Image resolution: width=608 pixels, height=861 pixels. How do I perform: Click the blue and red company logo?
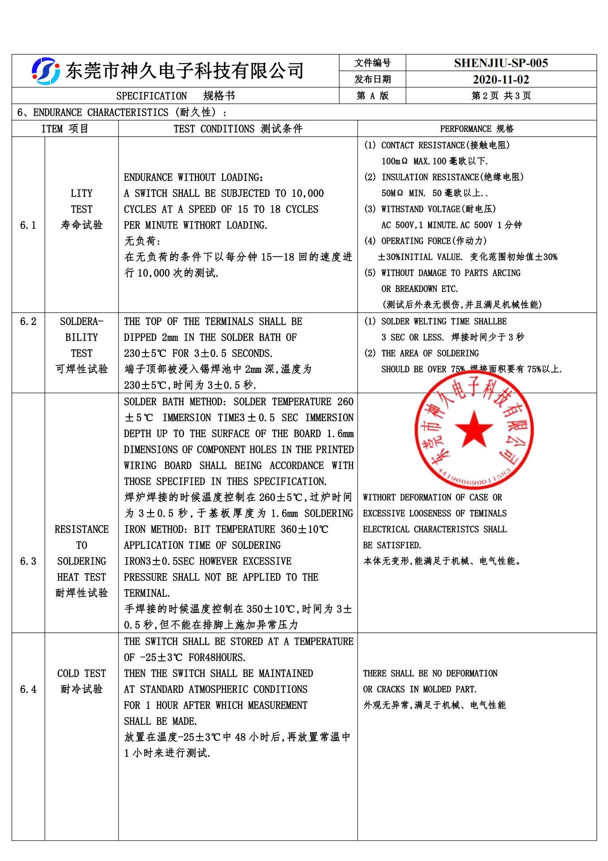click(x=45, y=71)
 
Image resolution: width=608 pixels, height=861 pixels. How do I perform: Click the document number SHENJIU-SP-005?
click(x=500, y=63)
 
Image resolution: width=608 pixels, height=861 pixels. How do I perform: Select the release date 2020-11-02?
click(x=500, y=80)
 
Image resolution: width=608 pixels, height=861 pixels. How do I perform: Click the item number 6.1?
click(x=28, y=225)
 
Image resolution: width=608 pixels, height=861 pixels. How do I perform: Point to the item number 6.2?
click(x=28, y=322)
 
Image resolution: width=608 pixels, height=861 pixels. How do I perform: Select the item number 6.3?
click(x=28, y=561)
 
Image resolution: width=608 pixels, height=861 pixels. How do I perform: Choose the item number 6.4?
click(x=28, y=689)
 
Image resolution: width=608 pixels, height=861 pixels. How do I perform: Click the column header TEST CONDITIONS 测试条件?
click(x=238, y=129)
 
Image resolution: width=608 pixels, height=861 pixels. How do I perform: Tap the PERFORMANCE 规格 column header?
click(x=477, y=129)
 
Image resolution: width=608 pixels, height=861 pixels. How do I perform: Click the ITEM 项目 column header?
click(x=65, y=129)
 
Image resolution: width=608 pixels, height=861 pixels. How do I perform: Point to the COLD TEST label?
click(x=82, y=674)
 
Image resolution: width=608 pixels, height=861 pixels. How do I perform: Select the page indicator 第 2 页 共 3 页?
click(x=501, y=96)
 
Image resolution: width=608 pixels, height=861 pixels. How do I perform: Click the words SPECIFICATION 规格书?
click(x=175, y=96)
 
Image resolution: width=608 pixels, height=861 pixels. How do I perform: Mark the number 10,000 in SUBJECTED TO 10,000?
click(x=307, y=193)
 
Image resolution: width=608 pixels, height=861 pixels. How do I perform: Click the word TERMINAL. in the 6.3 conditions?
click(x=147, y=593)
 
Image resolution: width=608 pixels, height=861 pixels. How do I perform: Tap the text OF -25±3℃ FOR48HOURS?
click(x=185, y=657)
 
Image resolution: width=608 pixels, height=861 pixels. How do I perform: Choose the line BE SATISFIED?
click(x=392, y=545)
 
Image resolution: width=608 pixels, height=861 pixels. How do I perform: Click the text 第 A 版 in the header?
click(x=372, y=96)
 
